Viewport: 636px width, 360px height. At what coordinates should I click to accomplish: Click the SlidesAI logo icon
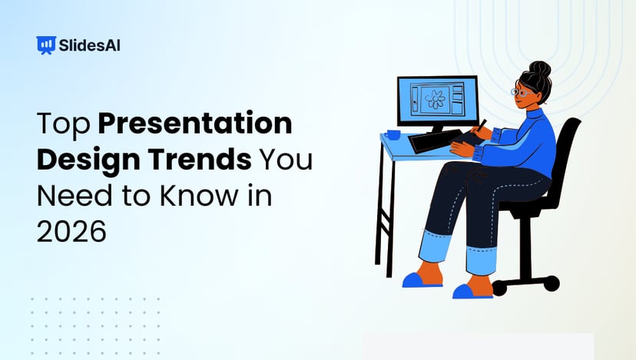[46, 45]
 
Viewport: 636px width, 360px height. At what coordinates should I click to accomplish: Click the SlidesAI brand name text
[89, 45]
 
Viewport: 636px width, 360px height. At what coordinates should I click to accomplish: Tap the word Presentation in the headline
[195, 124]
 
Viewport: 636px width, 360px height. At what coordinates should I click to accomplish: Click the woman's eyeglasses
[522, 91]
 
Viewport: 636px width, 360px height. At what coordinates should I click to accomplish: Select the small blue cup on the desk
[393, 135]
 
